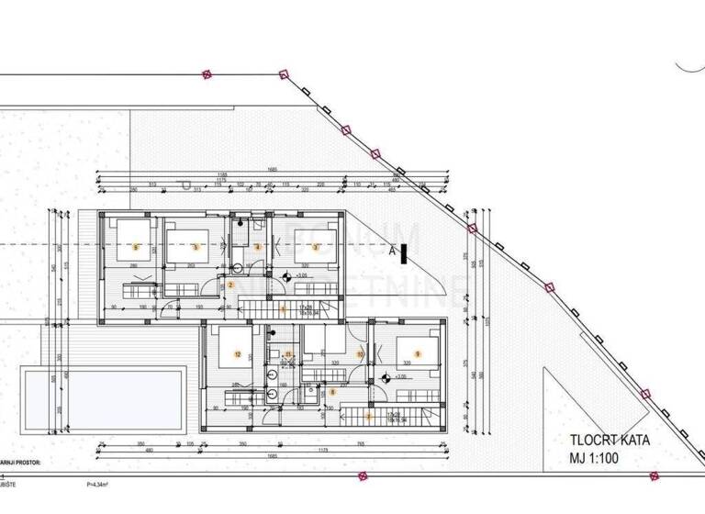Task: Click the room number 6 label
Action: point(136,247)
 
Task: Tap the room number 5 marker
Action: point(195,246)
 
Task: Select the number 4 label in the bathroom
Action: point(258,247)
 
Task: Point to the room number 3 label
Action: point(316,247)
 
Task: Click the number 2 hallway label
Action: point(230,285)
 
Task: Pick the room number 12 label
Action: point(238,354)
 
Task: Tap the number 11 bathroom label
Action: point(288,354)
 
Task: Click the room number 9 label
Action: point(418,354)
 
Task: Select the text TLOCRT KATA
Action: point(609,440)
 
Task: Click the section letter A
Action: point(392,248)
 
